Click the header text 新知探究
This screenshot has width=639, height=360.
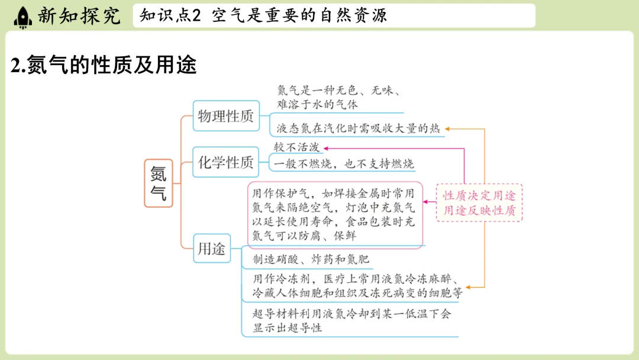79,16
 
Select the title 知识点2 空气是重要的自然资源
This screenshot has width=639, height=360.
263,16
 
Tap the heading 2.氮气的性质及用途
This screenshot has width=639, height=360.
104,66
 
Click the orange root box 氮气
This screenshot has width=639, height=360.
159,183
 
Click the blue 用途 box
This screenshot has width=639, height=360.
212,249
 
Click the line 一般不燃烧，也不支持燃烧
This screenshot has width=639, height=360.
344,164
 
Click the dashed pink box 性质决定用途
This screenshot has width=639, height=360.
479,202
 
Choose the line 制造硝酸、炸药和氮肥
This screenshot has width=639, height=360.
311,259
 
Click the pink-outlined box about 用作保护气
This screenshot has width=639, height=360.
334,214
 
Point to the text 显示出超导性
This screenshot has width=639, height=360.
287,327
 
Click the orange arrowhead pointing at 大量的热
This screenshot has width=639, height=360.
447,128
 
